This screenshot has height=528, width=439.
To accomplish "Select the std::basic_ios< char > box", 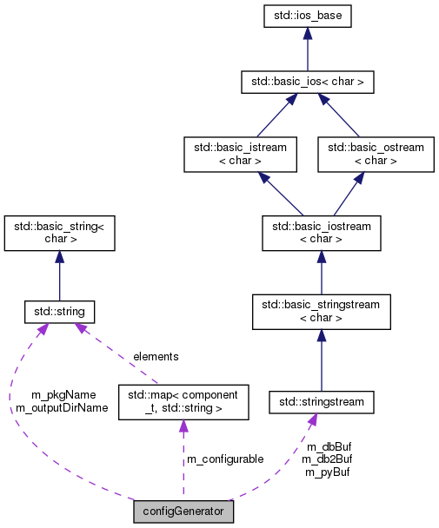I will pyautogui.click(x=309, y=82).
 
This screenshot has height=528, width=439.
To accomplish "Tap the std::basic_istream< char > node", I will pyautogui.click(x=236, y=154).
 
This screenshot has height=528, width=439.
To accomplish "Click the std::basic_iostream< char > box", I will pyautogui.click(x=323, y=233).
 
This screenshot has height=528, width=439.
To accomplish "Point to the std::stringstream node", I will pyautogui.click(x=322, y=402).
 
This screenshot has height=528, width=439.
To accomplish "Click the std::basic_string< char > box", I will pyautogui.click(x=60, y=233).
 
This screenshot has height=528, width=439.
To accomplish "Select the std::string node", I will pyautogui.click(x=60, y=311).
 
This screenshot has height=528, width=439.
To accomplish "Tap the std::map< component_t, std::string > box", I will pyautogui.click(x=183, y=401).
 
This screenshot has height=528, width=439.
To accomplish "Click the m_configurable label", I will pyautogui.click(x=225, y=459).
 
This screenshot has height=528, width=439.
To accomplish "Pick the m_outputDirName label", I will pyautogui.click(x=62, y=406).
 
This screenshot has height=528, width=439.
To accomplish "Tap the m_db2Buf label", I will pyautogui.click(x=328, y=459).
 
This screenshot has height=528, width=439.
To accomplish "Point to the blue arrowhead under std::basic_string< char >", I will pyautogui.click(x=59, y=258).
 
